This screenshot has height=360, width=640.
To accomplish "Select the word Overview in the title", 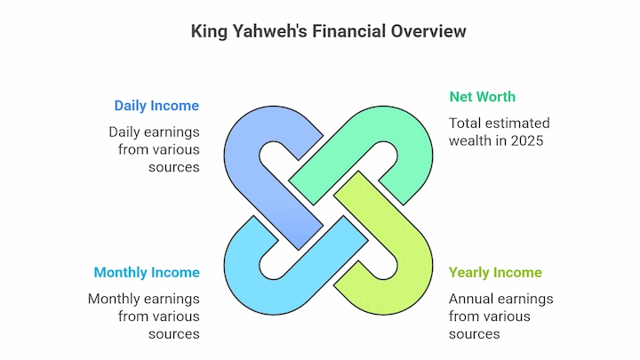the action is click(x=428, y=31).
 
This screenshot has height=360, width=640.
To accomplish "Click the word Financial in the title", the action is click(x=349, y=31).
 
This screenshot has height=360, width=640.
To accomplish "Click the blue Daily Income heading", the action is click(x=156, y=106).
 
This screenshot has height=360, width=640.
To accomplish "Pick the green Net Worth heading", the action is click(x=483, y=97).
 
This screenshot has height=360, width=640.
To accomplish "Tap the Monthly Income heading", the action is click(x=147, y=272).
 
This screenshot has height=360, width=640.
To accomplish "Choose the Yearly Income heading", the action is click(x=495, y=272).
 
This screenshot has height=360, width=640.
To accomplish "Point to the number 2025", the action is click(x=527, y=140).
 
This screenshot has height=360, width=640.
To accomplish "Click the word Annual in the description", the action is click(x=472, y=299).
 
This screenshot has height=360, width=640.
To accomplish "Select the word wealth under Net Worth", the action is click(x=471, y=140).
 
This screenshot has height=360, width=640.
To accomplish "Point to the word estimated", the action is click(x=516, y=124).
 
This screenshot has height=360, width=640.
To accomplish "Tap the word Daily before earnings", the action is click(x=124, y=132).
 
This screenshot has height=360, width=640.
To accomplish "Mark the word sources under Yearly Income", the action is click(x=475, y=334).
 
